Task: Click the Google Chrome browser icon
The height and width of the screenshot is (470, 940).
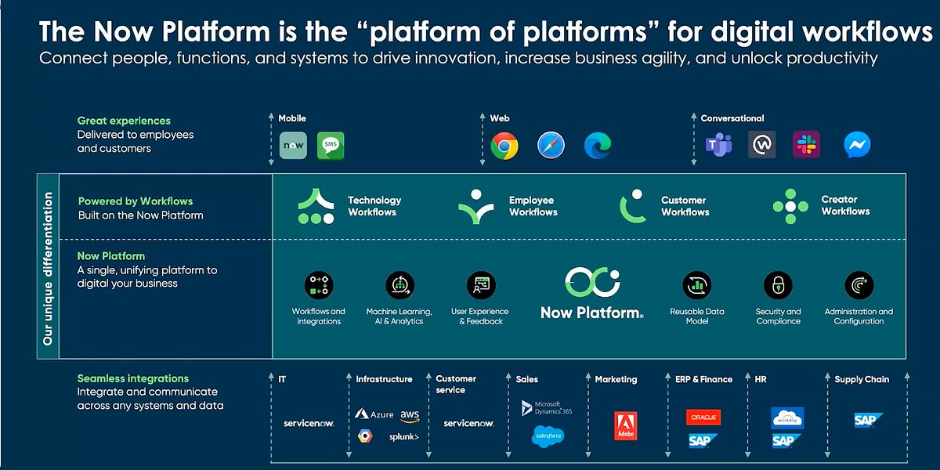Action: (504, 146)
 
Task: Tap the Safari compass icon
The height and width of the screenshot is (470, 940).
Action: (551, 146)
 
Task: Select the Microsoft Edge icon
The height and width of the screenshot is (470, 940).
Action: (598, 146)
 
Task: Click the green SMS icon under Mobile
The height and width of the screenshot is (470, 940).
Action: (331, 146)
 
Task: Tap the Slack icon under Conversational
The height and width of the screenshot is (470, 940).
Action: (806, 145)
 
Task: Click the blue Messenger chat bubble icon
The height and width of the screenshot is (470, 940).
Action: (857, 145)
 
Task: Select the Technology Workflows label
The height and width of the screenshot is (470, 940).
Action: (374, 206)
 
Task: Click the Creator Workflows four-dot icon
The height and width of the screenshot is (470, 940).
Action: (790, 206)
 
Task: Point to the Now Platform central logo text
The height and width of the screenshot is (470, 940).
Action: (591, 313)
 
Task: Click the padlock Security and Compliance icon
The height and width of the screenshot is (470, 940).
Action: (778, 285)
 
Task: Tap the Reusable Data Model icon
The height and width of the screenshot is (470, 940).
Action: (696, 285)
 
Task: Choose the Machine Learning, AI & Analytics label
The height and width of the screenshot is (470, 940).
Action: (399, 316)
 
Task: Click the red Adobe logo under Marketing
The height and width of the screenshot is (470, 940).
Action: (625, 425)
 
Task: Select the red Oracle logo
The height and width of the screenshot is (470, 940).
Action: (703, 418)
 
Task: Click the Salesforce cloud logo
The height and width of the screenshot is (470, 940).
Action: (548, 436)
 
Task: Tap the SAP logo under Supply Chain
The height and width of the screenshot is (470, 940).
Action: (868, 421)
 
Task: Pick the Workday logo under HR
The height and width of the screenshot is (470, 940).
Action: (786, 418)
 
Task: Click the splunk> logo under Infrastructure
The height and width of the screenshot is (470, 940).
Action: (404, 437)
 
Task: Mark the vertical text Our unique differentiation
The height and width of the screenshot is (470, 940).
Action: (49, 268)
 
